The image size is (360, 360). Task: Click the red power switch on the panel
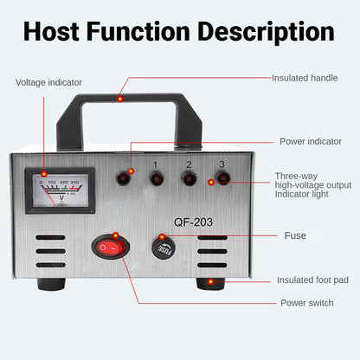pyautogui.click(x=110, y=248)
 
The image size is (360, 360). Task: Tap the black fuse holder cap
pyautogui.click(x=163, y=247)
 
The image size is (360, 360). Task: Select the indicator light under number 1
pyautogui.click(x=157, y=179)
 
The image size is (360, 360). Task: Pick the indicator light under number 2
pyautogui.click(x=190, y=179)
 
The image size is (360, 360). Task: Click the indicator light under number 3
pyautogui.click(x=222, y=179)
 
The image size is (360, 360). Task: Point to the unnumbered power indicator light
pyautogui.click(x=124, y=179)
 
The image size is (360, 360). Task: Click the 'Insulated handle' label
pyautogui.click(x=305, y=78)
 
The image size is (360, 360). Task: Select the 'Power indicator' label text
pyautogui.click(x=310, y=141)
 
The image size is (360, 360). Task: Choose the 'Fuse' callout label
pyautogui.click(x=295, y=235)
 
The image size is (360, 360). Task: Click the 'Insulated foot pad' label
pyautogui.click(x=312, y=280)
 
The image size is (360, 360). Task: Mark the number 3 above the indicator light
pyautogui.click(x=222, y=164)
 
